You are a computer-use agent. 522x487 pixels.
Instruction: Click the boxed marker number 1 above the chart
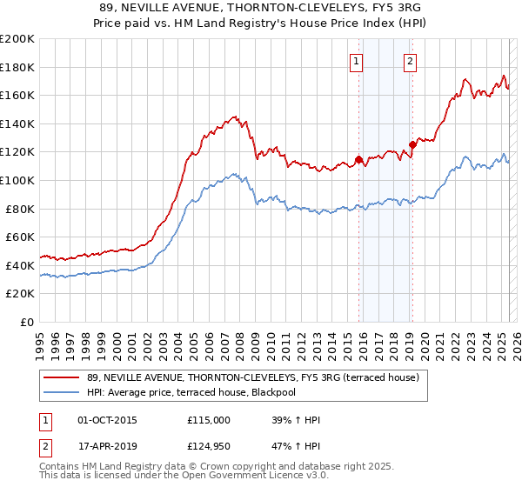point(358,61)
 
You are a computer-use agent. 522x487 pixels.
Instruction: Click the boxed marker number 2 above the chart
point(410,61)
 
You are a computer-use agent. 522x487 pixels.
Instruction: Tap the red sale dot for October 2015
point(358,159)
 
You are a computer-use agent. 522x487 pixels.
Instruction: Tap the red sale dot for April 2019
point(412,145)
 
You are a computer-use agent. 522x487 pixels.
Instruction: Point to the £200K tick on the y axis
point(17,39)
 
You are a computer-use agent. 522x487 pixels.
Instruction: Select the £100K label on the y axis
point(17,180)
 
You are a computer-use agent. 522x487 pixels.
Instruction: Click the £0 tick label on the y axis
point(27,322)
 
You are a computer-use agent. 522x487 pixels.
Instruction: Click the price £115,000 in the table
point(209,420)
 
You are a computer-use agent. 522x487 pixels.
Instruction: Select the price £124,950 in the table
point(209,446)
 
